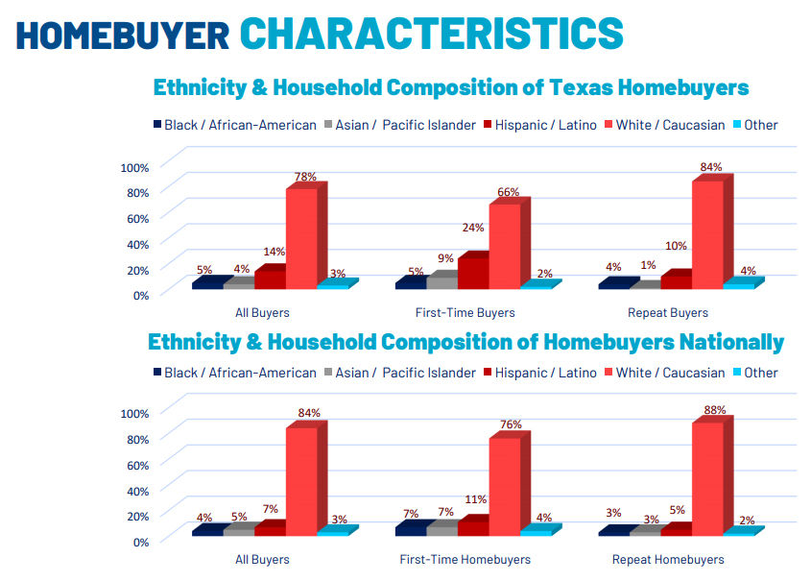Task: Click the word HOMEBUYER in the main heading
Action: click(123, 34)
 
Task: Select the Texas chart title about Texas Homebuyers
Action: click(451, 87)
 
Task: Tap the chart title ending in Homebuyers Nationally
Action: click(465, 342)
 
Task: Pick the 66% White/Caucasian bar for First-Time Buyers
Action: click(505, 245)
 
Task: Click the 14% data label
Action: click(274, 252)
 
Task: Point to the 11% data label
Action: click(475, 499)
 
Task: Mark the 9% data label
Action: click(445, 258)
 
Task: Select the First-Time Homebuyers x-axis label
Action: click(465, 559)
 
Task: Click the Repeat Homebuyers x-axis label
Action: click(668, 559)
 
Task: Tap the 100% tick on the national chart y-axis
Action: click(133, 413)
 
